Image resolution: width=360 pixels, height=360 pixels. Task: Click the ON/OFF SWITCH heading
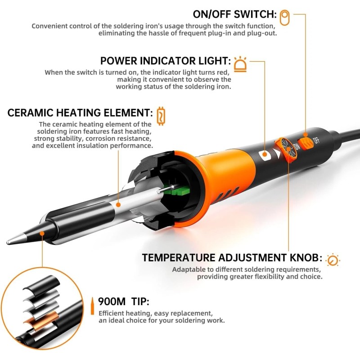point(234,14)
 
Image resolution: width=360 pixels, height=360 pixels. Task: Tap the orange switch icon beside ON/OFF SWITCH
point(284,18)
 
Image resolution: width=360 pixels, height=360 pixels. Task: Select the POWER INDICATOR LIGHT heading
point(166,61)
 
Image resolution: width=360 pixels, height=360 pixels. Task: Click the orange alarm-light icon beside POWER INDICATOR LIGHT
point(241,64)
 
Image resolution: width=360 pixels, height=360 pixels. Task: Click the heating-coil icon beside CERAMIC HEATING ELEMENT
point(161,115)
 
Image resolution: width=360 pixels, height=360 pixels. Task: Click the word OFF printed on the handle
point(316,140)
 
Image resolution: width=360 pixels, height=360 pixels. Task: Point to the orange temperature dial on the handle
point(286,148)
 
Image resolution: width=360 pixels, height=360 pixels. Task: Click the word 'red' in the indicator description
point(224,72)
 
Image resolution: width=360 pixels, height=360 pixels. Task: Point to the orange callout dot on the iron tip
point(43,233)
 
